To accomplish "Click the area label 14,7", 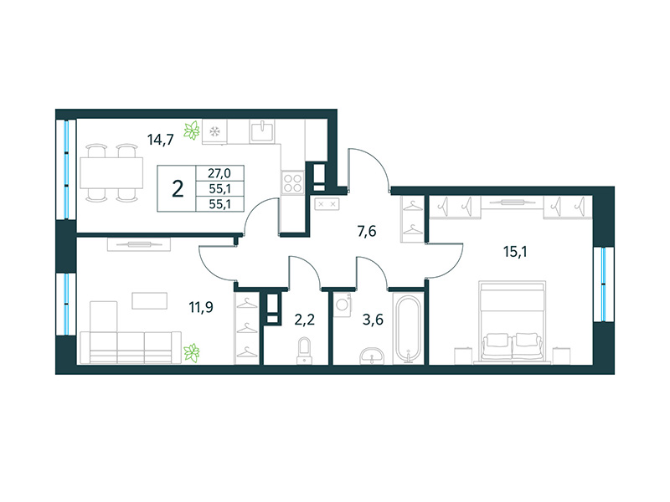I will coord(160,140).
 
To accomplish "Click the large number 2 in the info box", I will coord(178,187).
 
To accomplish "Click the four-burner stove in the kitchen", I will coord(292,182).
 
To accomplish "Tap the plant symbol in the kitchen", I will coord(193,131).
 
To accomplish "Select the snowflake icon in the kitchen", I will coord(215,131).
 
